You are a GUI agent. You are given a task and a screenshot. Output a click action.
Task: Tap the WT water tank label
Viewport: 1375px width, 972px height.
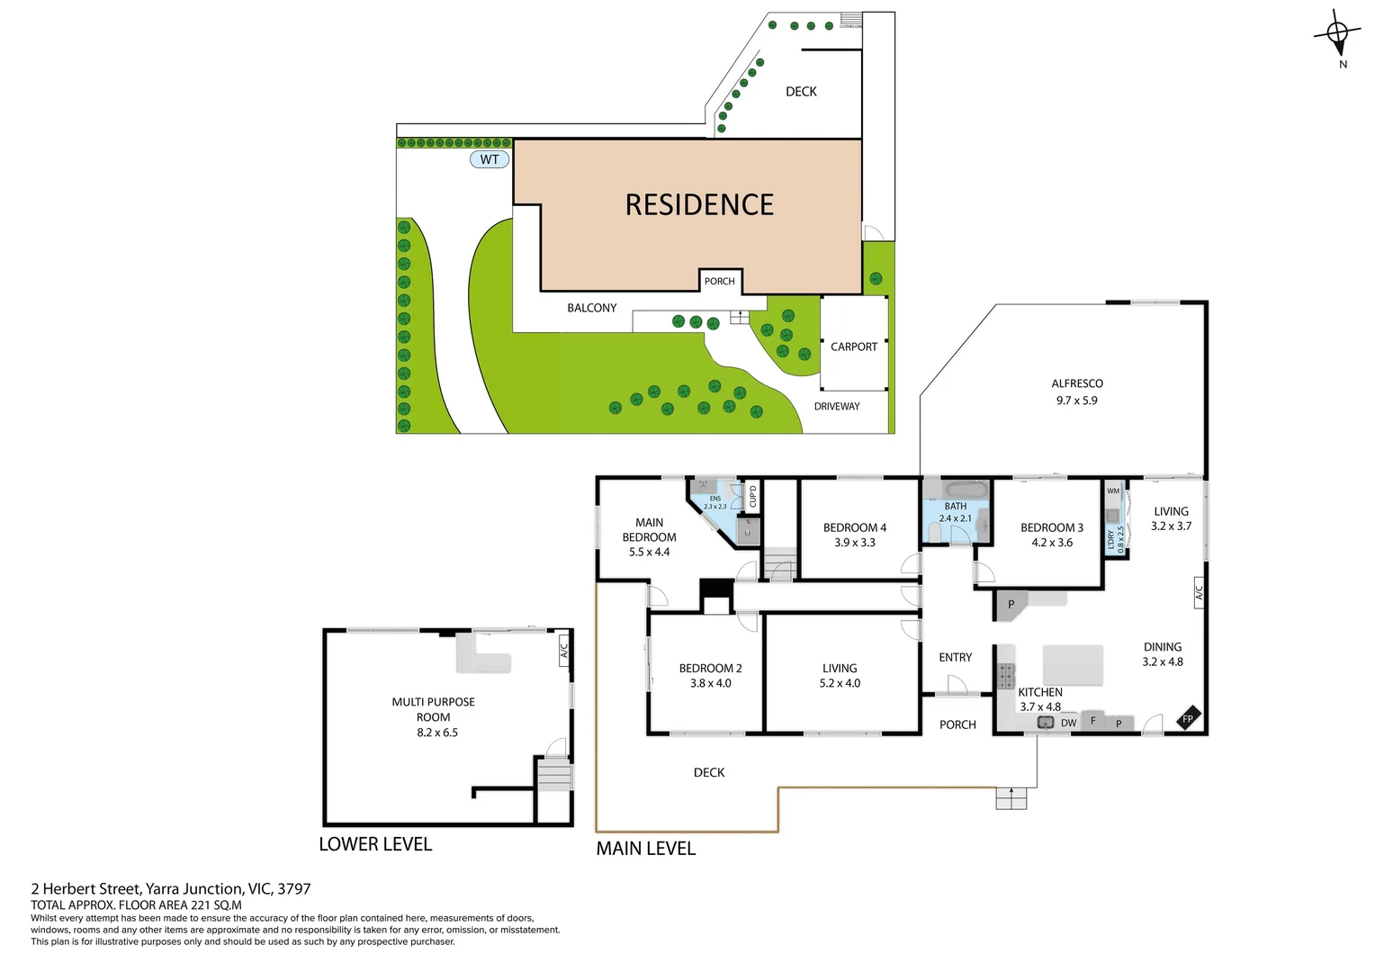click(490, 159)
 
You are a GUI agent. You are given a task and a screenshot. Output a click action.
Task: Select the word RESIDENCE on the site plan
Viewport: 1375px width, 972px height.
click(699, 205)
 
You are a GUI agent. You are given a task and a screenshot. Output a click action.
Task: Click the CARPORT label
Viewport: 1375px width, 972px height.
click(853, 346)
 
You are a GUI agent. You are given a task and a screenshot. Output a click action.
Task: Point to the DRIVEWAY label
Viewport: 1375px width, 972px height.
click(837, 407)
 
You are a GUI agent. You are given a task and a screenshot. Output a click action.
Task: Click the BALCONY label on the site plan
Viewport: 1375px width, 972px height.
click(591, 308)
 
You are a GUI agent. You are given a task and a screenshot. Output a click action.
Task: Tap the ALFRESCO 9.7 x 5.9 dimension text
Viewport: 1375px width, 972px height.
click(1076, 400)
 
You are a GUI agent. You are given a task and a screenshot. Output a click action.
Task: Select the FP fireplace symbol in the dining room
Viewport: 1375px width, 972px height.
click(1188, 719)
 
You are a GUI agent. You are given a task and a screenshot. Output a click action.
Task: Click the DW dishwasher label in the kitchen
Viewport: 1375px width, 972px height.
click(1068, 723)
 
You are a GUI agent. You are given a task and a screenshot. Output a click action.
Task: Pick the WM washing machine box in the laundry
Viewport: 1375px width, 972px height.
click(1113, 491)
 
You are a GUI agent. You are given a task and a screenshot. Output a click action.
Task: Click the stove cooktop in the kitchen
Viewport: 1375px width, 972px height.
click(1005, 674)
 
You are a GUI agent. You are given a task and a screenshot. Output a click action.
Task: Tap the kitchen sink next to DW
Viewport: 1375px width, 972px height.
click(1045, 722)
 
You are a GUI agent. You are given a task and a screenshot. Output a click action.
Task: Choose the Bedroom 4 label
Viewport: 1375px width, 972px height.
click(854, 527)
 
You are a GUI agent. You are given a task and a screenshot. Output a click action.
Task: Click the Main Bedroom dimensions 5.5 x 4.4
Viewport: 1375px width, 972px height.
click(649, 552)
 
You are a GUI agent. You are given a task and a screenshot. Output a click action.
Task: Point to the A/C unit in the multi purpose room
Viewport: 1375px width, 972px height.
click(564, 649)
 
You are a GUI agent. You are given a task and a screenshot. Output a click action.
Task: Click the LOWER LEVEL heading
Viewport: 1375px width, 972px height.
click(375, 844)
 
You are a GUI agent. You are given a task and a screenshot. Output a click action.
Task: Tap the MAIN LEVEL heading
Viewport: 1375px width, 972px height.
click(645, 849)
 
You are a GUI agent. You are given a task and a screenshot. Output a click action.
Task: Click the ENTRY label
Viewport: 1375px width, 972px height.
click(955, 658)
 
